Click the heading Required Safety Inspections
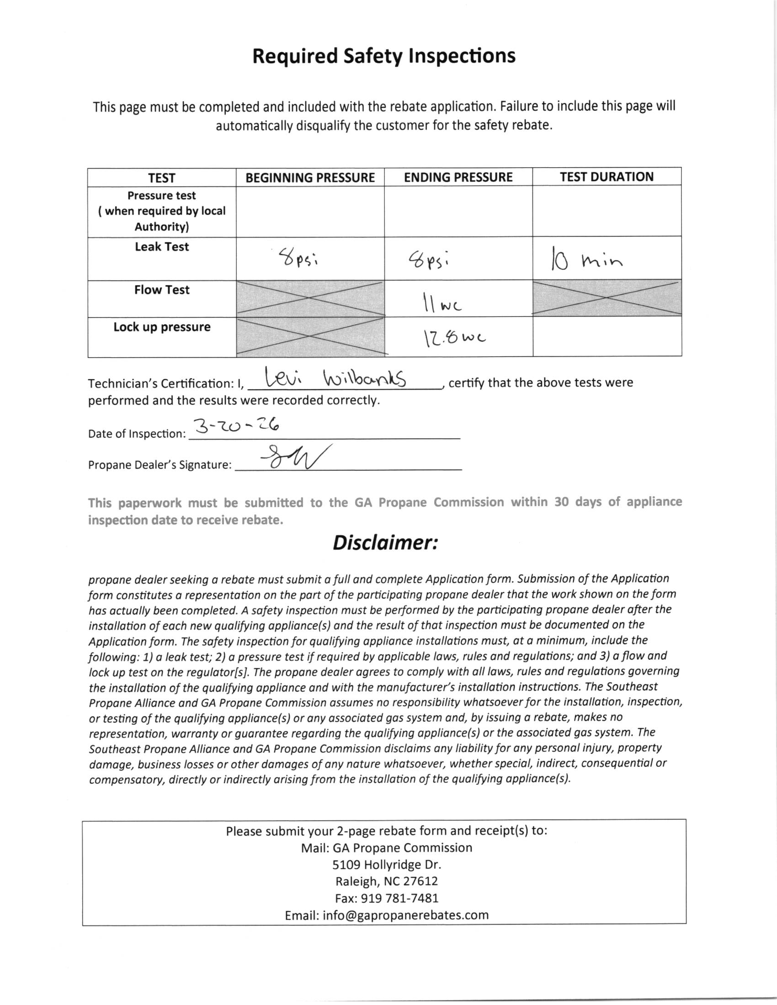[x=384, y=56]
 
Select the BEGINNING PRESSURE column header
[x=310, y=178]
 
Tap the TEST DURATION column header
[x=606, y=177]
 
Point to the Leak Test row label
[x=161, y=247]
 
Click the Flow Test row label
[x=161, y=290]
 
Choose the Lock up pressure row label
[x=161, y=327]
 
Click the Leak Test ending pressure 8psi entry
[x=428, y=260]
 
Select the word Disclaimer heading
[x=385, y=543]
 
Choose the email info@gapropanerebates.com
[x=387, y=915]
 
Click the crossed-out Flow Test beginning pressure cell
[x=310, y=299]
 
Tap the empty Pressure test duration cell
[x=607, y=211]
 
